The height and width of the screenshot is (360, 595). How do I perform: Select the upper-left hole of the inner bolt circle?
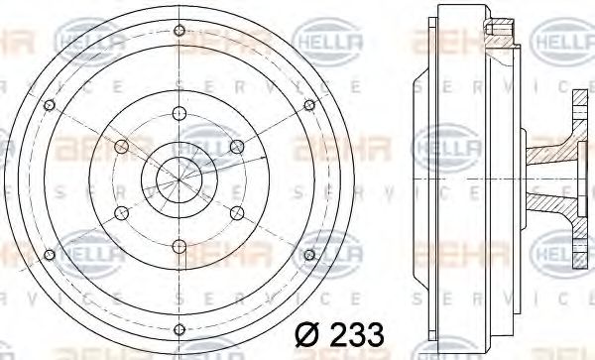coord(120,147)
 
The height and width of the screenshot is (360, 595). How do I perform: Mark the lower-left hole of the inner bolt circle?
coord(120,212)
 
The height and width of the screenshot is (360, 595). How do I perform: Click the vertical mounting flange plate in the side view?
coord(578,180)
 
